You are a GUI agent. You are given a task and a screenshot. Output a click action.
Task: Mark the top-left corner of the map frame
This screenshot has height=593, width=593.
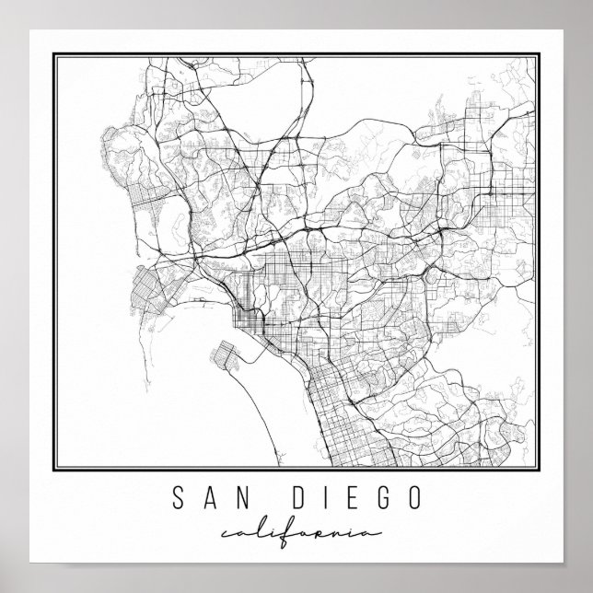[x=56, y=55]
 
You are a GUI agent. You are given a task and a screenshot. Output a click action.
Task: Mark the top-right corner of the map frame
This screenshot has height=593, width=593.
[x=537, y=55]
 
